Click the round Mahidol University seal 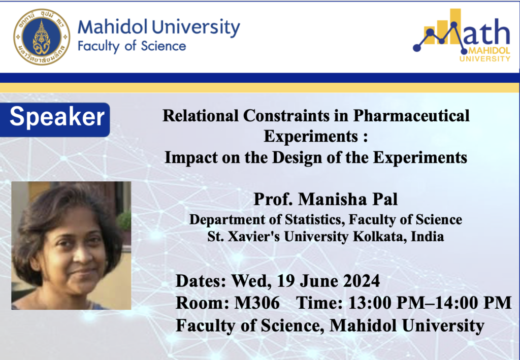point(42,37)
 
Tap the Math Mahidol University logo point(462,35)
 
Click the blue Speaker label point(55,120)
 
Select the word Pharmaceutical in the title point(411,116)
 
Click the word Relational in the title point(201,116)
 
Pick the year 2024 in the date point(362,281)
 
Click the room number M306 point(257,303)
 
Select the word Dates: point(201,281)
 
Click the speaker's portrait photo point(71,246)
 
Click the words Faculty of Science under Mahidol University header point(132,46)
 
